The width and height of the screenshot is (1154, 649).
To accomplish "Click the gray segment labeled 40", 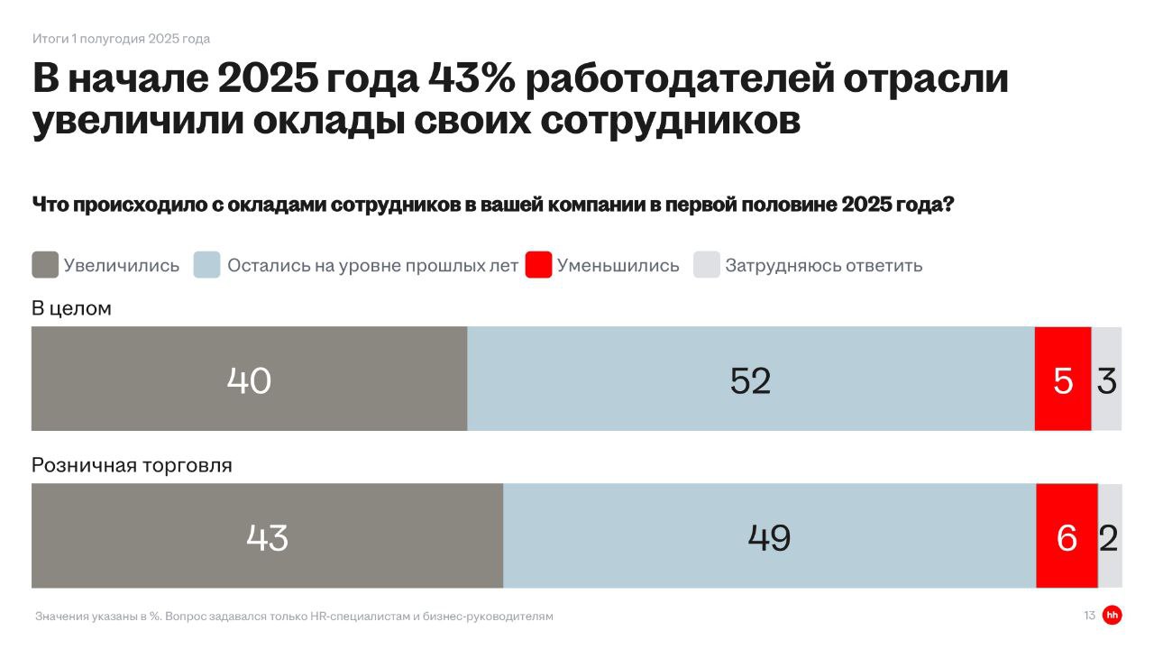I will click(x=249, y=379).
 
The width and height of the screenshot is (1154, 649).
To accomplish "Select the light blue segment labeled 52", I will click(x=750, y=379).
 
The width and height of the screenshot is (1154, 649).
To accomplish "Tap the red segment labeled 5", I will click(x=1063, y=379).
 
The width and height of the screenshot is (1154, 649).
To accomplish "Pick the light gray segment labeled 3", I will click(x=1107, y=379).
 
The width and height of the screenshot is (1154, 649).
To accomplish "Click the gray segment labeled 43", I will click(x=267, y=536).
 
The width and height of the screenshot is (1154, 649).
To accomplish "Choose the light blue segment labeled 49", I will click(x=769, y=536).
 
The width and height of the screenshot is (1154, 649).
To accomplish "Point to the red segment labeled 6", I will click(x=1067, y=536).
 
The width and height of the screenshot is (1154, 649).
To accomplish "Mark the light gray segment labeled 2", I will click(x=1110, y=536).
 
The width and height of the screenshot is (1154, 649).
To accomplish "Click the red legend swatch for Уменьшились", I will click(x=538, y=265).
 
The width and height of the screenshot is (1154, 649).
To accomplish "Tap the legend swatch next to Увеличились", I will click(x=45, y=265).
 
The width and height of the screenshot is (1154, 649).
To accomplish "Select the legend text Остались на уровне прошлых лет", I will click(x=372, y=266).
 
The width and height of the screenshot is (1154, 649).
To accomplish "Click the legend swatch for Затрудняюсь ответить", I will click(x=706, y=265).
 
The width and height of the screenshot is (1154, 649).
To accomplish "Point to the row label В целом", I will click(x=71, y=308).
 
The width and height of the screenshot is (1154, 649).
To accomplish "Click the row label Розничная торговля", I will click(x=132, y=465).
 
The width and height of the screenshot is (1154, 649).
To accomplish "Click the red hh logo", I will click(x=1112, y=616).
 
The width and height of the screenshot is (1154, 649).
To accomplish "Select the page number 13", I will click(x=1089, y=616).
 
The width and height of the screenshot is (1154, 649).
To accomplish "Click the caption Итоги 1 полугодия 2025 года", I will click(x=121, y=39).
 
